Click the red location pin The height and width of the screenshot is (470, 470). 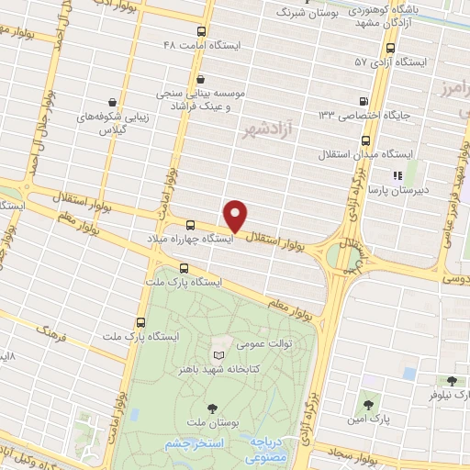236,216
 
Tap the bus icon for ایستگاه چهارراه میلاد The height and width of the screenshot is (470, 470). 191,225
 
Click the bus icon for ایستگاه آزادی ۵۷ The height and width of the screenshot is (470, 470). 391,48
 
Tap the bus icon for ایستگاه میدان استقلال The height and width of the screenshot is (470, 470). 365,140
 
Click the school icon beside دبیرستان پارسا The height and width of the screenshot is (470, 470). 397,174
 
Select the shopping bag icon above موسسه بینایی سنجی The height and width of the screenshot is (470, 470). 200,80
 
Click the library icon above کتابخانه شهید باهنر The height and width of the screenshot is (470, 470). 218,354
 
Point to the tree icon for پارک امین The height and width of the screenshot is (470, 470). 368,403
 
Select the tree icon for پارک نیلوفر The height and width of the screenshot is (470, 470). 451,381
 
